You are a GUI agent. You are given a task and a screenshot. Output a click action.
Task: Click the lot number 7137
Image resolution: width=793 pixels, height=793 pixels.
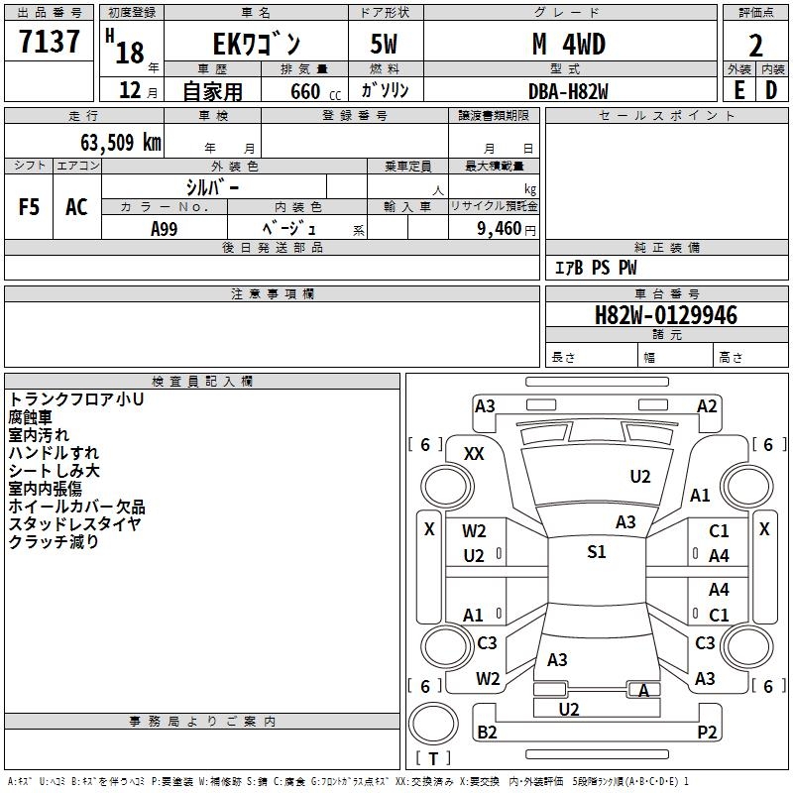[49, 42]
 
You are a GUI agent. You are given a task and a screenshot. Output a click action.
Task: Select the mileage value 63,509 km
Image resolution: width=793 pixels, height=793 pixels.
[121, 143]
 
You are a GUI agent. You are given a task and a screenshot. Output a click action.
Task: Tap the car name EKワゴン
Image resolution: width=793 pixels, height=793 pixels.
[257, 44]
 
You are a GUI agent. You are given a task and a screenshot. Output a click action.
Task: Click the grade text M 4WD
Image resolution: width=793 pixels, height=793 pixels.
[569, 44]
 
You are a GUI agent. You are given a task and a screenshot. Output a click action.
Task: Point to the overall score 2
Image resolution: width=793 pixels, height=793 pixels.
[755, 46]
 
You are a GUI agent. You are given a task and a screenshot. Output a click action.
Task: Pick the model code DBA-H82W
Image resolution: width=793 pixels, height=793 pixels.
[568, 91]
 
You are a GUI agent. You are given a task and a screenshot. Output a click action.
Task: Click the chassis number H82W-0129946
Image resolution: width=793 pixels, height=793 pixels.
[666, 315]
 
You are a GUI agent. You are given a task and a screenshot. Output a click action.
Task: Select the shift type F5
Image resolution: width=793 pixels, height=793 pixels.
[29, 207]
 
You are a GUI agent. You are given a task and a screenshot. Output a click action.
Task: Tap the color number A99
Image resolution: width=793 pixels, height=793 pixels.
[165, 229]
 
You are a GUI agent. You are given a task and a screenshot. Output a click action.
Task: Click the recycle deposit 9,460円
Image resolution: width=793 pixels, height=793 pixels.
[507, 229]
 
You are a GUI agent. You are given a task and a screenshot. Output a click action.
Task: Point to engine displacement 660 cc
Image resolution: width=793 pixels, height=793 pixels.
[315, 92]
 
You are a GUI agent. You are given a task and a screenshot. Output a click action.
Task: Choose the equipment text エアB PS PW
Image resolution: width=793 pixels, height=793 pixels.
[596, 268]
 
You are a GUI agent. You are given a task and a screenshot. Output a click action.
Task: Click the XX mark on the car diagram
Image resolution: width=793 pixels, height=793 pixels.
[474, 454]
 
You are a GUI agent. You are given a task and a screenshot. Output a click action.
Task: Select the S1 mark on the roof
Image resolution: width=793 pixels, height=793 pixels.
[597, 552]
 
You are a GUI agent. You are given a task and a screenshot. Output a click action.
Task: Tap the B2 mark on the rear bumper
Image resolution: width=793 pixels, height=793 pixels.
[487, 732]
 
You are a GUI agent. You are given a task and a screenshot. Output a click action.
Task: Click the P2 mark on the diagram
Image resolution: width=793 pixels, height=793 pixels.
[707, 732]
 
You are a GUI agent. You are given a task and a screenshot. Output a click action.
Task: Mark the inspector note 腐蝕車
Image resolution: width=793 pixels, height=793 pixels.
[31, 417]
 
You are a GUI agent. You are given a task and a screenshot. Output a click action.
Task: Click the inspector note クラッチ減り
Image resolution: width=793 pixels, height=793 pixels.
[54, 541]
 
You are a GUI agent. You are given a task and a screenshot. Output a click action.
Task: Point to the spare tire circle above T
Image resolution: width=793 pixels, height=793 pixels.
[433, 724]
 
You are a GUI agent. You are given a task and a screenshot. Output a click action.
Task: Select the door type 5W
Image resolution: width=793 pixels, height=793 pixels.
[384, 44]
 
